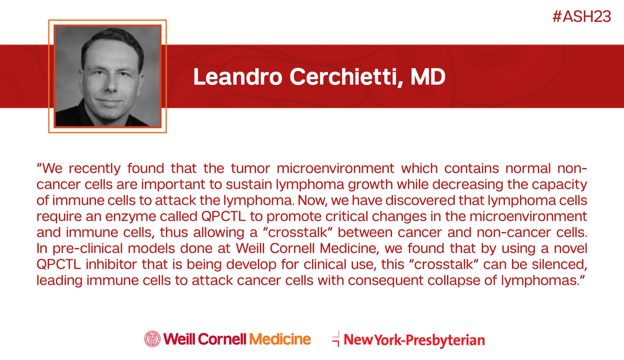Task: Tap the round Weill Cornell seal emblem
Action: point(152,340)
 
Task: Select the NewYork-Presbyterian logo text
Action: point(414,341)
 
